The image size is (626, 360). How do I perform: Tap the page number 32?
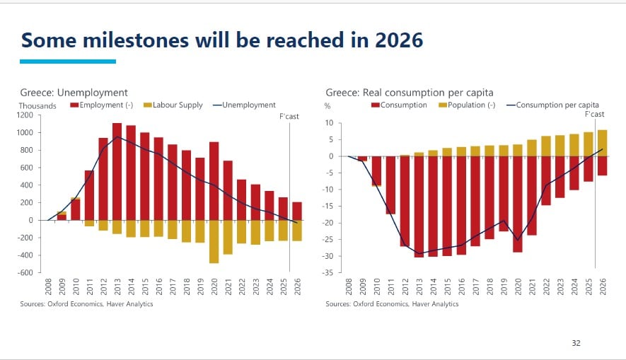(x=576, y=343)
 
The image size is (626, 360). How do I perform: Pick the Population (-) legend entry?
(x=470, y=105)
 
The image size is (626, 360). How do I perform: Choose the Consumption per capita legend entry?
(x=552, y=105)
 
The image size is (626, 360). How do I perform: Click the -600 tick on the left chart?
(x=25, y=273)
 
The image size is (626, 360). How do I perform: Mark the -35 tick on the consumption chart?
(x=328, y=273)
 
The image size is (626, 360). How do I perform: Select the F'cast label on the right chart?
(x=594, y=114)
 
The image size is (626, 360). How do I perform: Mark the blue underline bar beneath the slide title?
(x=67, y=62)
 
